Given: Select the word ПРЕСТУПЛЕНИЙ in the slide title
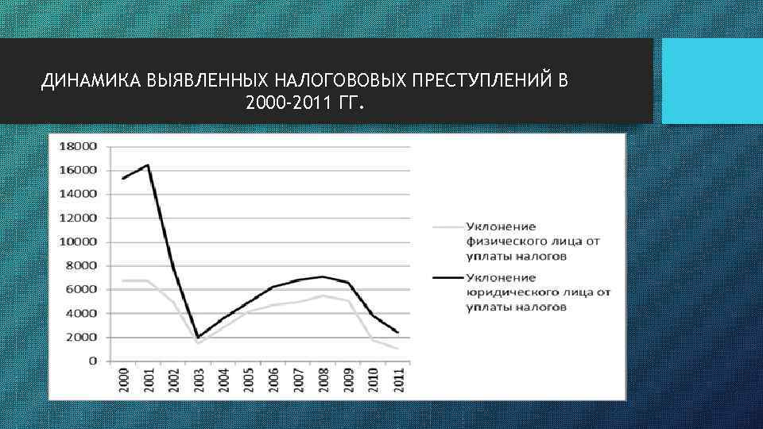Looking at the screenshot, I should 484,82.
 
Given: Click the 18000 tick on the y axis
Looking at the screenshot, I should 78,146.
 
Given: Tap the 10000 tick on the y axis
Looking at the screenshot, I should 78,242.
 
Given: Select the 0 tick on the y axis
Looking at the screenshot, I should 92,361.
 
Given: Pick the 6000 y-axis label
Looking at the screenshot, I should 81,289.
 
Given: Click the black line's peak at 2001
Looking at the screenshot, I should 148,164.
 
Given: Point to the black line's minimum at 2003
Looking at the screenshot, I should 198,337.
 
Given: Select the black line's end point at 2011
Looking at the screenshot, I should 397,332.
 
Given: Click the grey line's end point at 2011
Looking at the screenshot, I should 397,348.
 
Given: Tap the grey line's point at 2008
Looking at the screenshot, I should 323,296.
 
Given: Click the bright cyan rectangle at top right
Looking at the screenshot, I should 712,81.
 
